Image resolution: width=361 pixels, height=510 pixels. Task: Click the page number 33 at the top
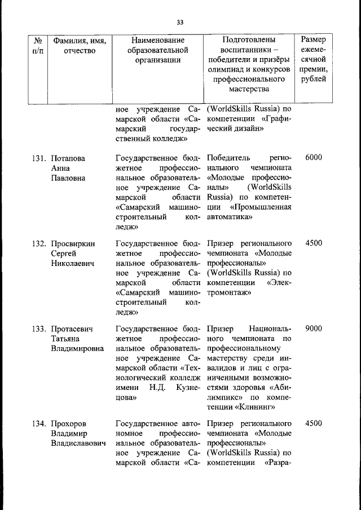(x=180, y=22)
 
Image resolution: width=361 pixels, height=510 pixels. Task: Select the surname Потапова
(x=68, y=158)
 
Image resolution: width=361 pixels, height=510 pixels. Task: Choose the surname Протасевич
(x=73, y=329)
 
